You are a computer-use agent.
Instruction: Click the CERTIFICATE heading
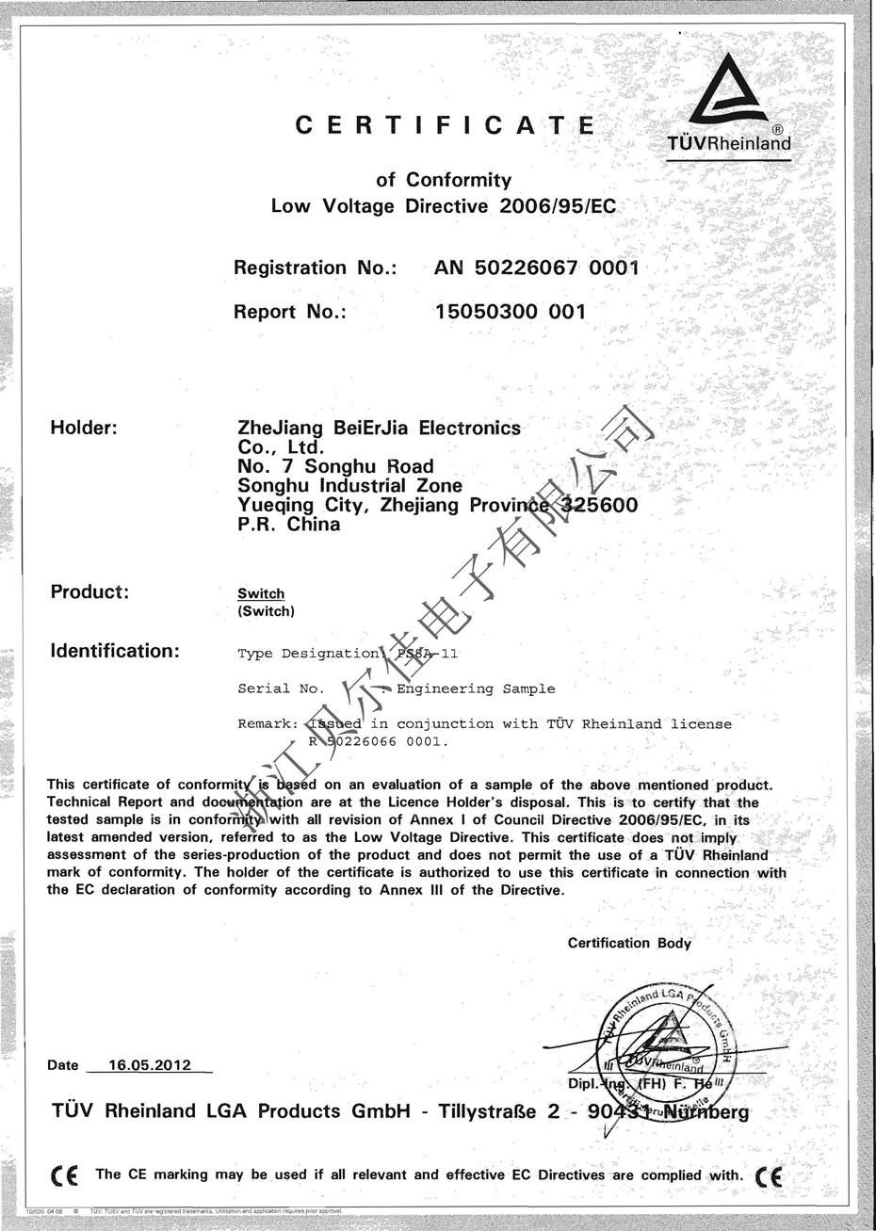[445, 125]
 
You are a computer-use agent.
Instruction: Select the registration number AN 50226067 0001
[536, 267]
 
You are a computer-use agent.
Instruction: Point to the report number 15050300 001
[510, 312]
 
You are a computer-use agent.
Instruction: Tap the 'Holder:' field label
[83, 429]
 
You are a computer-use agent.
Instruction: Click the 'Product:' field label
[89, 592]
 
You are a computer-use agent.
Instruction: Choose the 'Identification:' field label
[114, 651]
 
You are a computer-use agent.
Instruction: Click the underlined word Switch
[261, 593]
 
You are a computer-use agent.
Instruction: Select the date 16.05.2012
[150, 1065]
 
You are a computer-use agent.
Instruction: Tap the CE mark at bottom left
[65, 1176]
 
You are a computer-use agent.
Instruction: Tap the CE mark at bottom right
[769, 1176]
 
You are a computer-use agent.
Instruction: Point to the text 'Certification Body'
[629, 944]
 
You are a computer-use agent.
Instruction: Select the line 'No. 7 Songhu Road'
[335, 466]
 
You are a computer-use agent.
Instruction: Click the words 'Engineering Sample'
[476, 688]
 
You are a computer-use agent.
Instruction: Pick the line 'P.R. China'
[288, 525]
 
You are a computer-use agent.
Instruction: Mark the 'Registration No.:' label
[315, 267]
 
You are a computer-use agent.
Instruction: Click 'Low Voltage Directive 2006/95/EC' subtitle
[443, 205]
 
